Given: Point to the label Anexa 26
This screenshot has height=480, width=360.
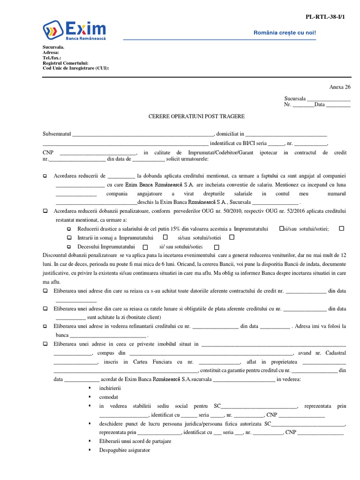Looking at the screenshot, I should [340, 87].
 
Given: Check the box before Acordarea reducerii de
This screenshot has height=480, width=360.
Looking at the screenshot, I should [45, 176].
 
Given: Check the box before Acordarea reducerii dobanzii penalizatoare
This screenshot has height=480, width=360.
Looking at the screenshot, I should [45, 211].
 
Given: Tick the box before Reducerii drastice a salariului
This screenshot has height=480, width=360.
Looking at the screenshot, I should [68, 229].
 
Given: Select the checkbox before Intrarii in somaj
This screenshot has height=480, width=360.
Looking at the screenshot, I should [68, 238].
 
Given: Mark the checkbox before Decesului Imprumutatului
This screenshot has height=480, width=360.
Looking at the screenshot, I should [68, 247].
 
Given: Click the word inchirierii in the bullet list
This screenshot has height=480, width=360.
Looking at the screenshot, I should [110, 388].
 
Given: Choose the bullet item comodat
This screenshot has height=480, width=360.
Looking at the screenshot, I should [108, 397].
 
